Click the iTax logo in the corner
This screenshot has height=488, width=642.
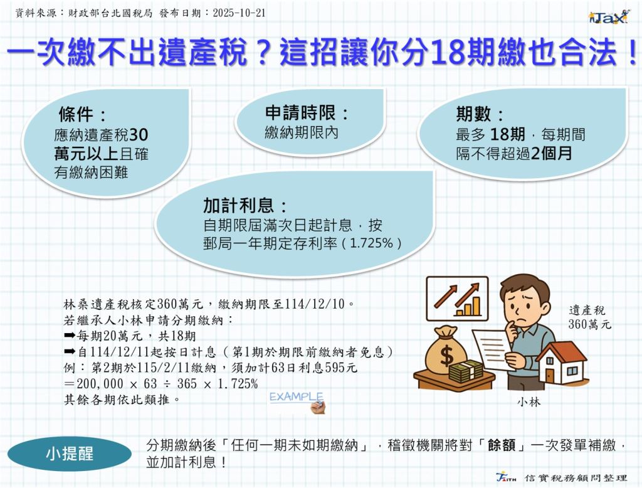pos(608,17)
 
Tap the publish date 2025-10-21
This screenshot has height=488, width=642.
pos(239,13)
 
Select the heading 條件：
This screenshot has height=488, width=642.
pos(82,114)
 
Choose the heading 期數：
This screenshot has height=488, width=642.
pos(480,114)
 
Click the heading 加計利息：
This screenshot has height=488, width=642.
pos(245,205)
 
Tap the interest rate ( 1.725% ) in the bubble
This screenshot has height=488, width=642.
pos(371,243)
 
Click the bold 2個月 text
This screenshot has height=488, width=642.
pos(551,154)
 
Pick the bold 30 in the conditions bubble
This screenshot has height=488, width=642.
pos(139,135)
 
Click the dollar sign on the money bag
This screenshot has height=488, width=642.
pos(446,355)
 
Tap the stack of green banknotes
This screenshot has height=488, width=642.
pos(466,371)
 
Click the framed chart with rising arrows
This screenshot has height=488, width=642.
pos(457,299)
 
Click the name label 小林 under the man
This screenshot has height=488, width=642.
pos(529,402)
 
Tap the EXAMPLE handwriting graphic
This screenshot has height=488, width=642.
pos(297,401)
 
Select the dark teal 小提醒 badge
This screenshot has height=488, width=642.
pos(70,454)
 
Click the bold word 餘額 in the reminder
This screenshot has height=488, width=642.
pos(502,445)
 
